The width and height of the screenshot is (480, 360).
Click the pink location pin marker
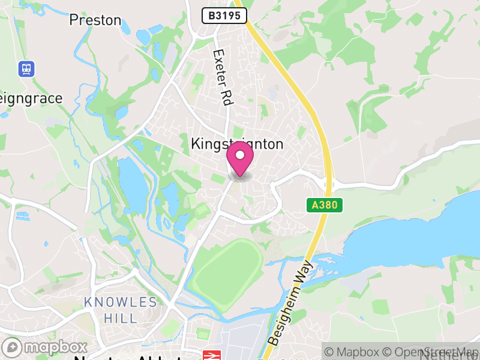click(240, 159)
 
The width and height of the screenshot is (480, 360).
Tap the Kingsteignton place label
click(237, 144)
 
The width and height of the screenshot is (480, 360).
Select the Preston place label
click(95, 20)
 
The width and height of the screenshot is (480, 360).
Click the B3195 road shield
click(224, 16)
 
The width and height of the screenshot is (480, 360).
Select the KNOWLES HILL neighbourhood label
click(121, 310)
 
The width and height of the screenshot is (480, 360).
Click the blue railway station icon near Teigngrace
click(26, 68)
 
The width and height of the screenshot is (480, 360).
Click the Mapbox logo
click(45, 347)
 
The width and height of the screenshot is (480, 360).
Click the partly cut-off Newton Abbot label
click(126, 356)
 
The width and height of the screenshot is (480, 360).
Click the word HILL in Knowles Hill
click(121, 318)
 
